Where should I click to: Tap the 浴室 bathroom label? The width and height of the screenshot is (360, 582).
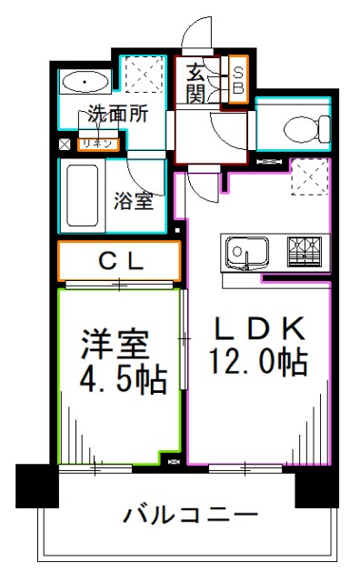[x=133, y=202]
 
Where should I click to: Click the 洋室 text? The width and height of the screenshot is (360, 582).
[x=114, y=343]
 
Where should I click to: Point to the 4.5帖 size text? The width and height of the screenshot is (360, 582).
[x=114, y=380]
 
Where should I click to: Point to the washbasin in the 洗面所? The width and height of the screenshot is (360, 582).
[x=85, y=84]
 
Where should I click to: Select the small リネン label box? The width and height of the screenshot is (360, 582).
[x=97, y=144]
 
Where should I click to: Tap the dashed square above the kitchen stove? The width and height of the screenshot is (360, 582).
[x=306, y=178]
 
